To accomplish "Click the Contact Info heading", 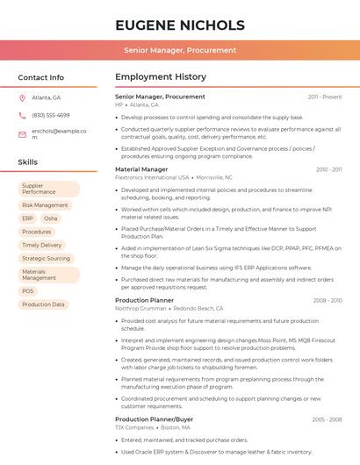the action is pyautogui.click(x=40, y=77).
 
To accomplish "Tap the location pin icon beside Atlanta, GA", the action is pyautogui.click(x=22, y=97).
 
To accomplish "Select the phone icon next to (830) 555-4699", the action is pyautogui.click(x=22, y=115).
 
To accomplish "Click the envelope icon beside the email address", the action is pyautogui.click(x=22, y=133).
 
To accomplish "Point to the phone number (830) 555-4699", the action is pyautogui.click(x=51, y=115).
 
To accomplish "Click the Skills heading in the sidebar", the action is pyautogui.click(x=28, y=162).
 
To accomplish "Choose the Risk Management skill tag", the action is pyautogui.click(x=45, y=205).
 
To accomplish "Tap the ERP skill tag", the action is pyautogui.click(x=27, y=218).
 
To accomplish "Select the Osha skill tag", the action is pyautogui.click(x=51, y=218).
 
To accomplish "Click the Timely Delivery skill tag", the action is pyautogui.click(x=42, y=245).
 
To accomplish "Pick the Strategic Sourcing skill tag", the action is pyautogui.click(x=46, y=259).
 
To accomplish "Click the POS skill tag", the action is pyautogui.click(x=28, y=291).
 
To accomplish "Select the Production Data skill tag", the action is pyautogui.click(x=43, y=304).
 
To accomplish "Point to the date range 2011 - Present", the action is pyautogui.click(x=325, y=97).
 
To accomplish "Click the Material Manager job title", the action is pyautogui.click(x=141, y=169).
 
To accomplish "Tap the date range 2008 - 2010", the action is pyautogui.click(x=328, y=300).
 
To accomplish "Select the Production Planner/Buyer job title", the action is pyautogui.click(x=155, y=419).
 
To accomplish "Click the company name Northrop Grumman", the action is pyautogui.click(x=141, y=309).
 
